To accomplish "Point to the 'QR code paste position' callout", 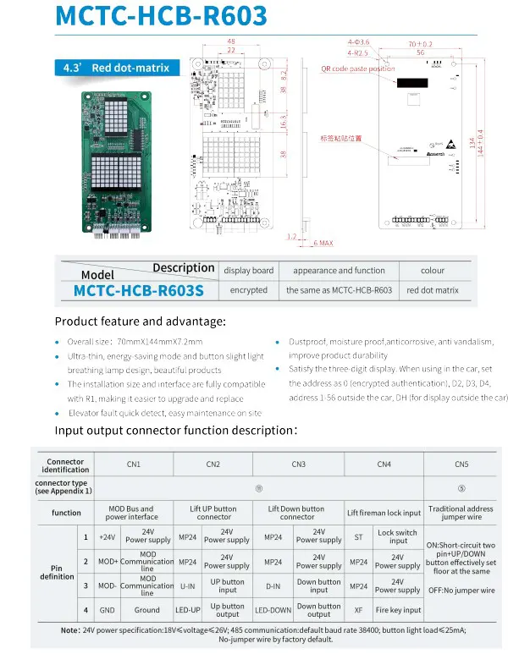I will point(357,69).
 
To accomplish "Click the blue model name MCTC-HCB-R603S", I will point(139,290).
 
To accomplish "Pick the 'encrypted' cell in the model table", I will point(248,290).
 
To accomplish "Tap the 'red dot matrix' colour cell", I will point(432,290).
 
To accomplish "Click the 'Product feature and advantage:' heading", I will point(141,322).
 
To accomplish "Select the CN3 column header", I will point(298,464).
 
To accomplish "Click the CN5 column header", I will point(461,464).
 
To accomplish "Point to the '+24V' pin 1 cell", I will point(108,536).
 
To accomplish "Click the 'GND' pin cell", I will point(108,609).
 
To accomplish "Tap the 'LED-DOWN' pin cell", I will point(273,609).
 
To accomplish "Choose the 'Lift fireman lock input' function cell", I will point(384,513).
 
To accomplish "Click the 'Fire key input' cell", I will point(398,609).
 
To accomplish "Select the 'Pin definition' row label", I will point(57,572).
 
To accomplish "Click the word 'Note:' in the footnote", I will point(70,630).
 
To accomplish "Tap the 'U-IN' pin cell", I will point(189,585).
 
